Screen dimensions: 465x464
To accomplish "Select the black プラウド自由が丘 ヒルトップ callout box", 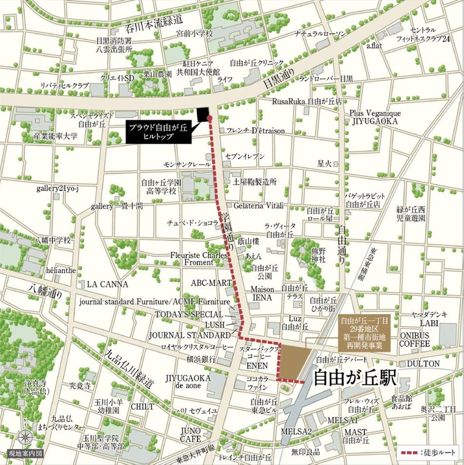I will (x=158, y=131).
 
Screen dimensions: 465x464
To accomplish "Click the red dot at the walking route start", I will (x=209, y=118).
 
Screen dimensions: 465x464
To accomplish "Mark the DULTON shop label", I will (x=423, y=364).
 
